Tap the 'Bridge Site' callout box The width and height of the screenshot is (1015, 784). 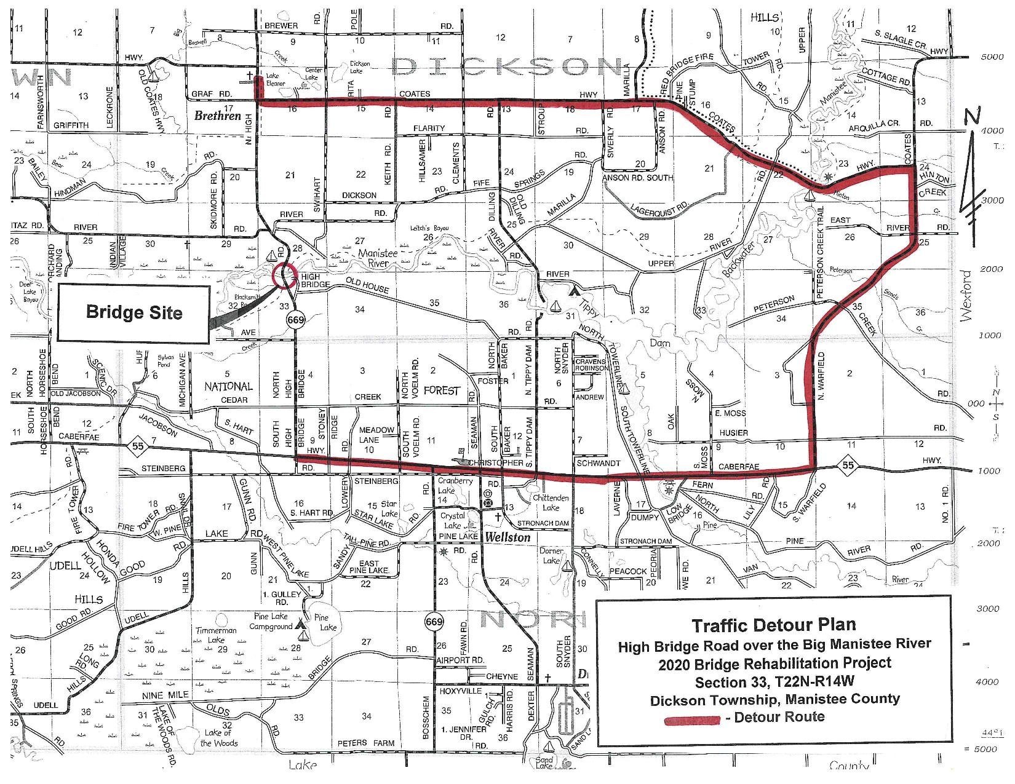pyautogui.click(x=134, y=312)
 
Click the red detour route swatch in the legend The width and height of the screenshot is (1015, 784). pyautogui.click(x=693, y=719)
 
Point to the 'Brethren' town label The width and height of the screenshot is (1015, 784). pyautogui.click(x=218, y=115)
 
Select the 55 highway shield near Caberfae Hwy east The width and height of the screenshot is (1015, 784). pyautogui.click(x=848, y=465)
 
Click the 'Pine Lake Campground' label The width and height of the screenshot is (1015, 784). pyautogui.click(x=271, y=621)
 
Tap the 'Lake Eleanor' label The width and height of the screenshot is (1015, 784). pyautogui.click(x=277, y=81)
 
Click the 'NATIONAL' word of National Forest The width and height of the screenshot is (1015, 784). pyautogui.click(x=228, y=387)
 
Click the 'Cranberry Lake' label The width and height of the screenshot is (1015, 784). pyautogui.click(x=455, y=485)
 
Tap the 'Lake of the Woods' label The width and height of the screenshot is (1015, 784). pyautogui.click(x=219, y=737)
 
